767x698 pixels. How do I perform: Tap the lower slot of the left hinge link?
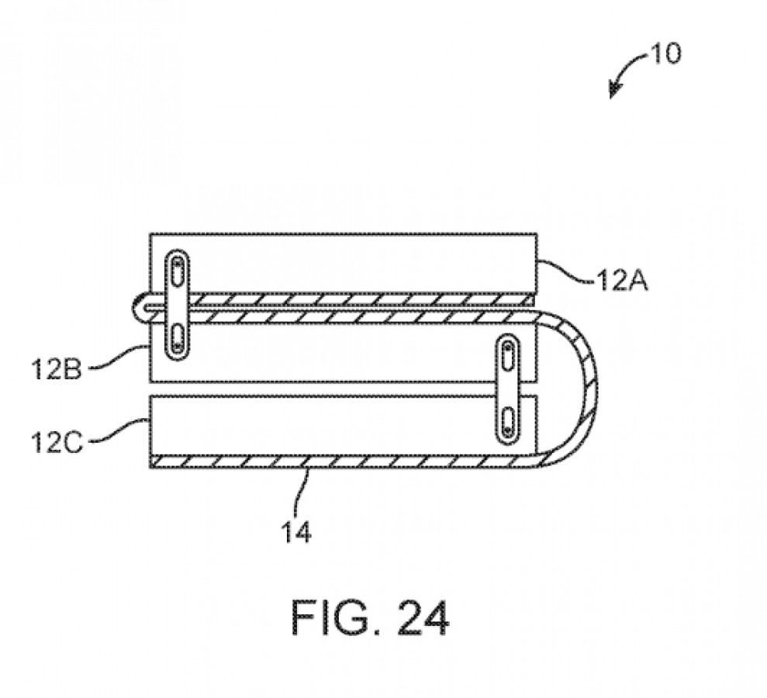click(x=178, y=339)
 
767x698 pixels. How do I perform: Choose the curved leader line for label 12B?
click(x=116, y=357)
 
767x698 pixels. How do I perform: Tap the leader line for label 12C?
click(x=120, y=433)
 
